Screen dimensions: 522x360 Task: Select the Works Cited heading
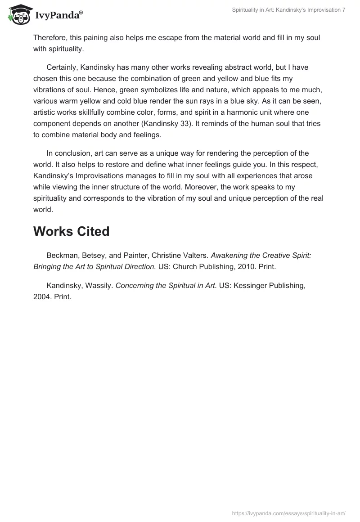(71, 231)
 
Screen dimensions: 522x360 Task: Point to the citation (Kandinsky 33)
(196, 123)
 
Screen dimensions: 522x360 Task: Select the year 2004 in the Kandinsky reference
(41, 297)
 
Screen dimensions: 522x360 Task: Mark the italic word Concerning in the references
(134, 286)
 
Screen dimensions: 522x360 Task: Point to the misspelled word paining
(111, 38)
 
